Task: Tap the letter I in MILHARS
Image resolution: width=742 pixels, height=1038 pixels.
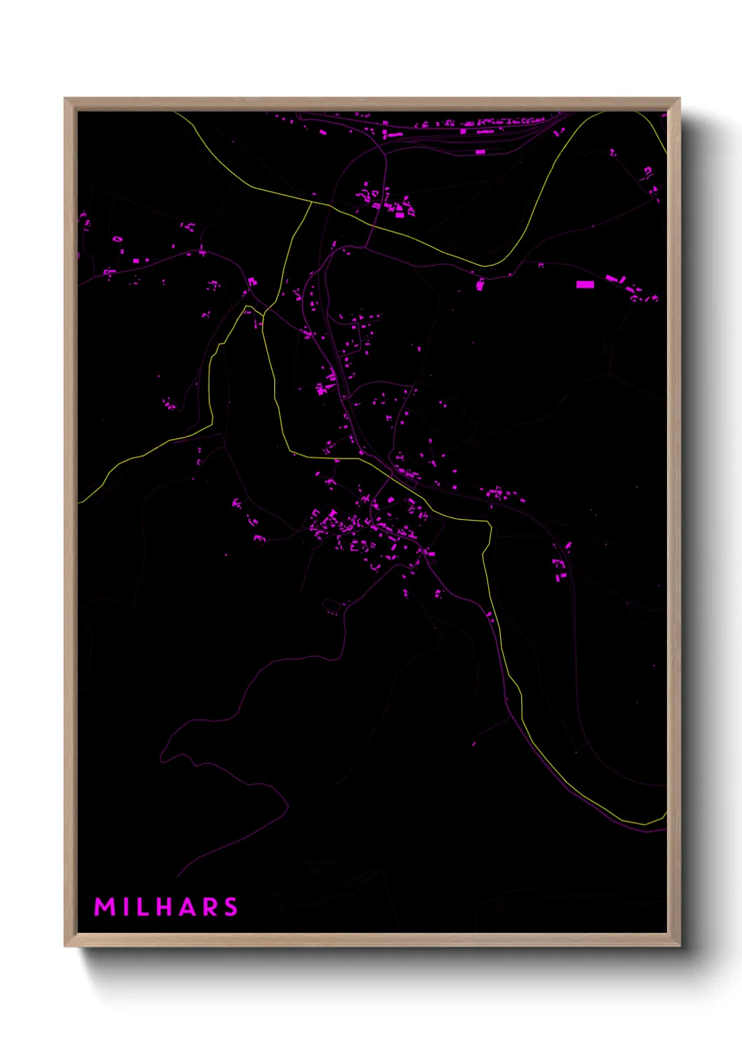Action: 127,907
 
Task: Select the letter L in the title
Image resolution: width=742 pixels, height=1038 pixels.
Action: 144,907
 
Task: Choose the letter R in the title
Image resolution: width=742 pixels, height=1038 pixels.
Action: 211,907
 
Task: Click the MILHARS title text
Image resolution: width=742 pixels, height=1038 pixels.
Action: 166,907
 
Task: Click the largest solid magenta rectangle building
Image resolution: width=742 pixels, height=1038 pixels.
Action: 585,284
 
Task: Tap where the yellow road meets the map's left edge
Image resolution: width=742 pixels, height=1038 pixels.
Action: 79,503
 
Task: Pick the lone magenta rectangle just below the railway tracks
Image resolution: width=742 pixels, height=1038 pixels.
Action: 480,151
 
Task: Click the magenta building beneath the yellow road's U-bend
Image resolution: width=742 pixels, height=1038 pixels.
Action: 481,285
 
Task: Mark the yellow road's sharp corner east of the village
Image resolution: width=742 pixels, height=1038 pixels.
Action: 489,523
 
